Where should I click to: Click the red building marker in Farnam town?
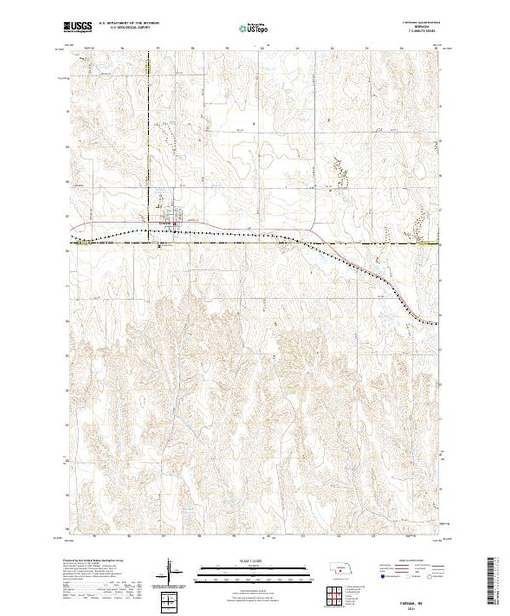click(x=175, y=227)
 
